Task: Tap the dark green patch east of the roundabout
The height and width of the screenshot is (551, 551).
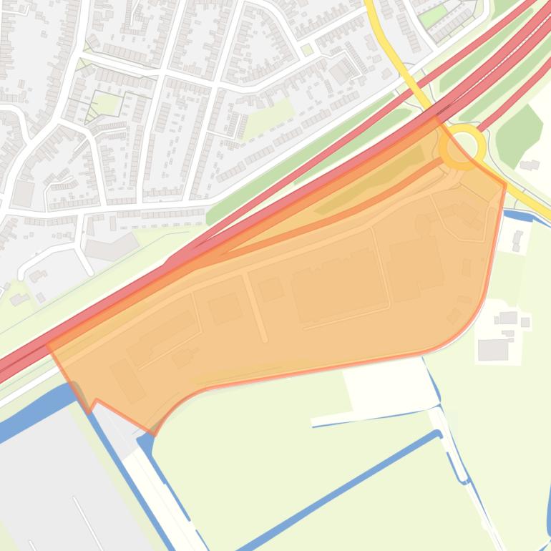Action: pos(520,136)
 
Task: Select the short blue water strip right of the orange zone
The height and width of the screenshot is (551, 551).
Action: pos(518,215)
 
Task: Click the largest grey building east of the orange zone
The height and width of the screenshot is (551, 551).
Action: pos(493,349)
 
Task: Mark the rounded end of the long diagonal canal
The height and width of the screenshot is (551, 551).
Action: pos(438,434)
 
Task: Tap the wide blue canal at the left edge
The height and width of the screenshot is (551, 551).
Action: pos(29,419)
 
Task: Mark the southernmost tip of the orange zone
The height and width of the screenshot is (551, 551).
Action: pos(154,434)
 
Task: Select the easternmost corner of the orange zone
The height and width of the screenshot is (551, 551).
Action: pos(505,185)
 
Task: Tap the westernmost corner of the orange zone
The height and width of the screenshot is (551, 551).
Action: pos(48,345)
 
